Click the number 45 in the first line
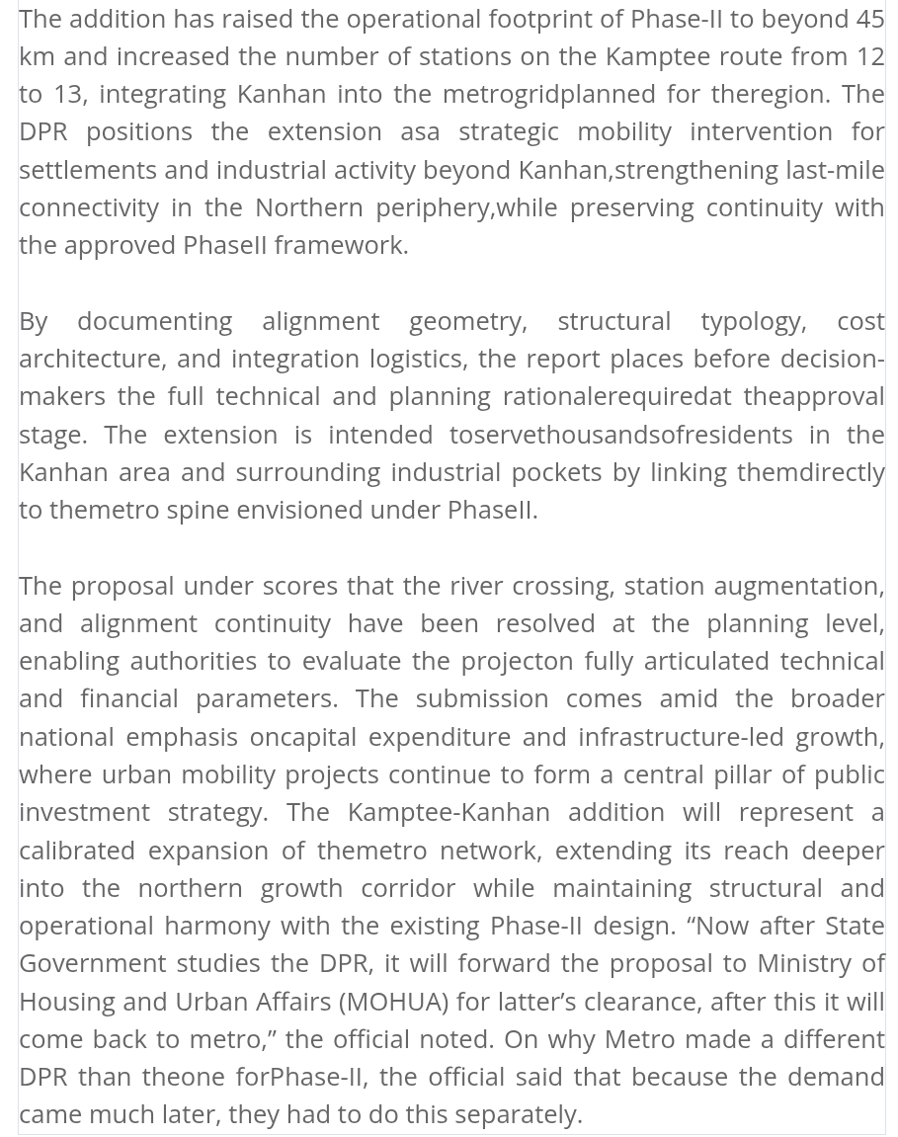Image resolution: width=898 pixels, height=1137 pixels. click(x=869, y=19)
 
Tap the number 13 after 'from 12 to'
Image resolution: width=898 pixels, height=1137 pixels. click(x=67, y=94)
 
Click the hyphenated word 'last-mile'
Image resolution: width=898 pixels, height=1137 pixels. click(x=835, y=169)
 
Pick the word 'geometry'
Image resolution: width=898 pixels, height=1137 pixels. click(x=465, y=321)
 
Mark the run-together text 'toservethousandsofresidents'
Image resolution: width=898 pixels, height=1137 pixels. click(x=620, y=435)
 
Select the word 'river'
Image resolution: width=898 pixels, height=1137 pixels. click(x=475, y=586)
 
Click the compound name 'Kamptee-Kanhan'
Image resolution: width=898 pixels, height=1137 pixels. click(x=449, y=812)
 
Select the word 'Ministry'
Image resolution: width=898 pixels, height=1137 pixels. click(x=803, y=963)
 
